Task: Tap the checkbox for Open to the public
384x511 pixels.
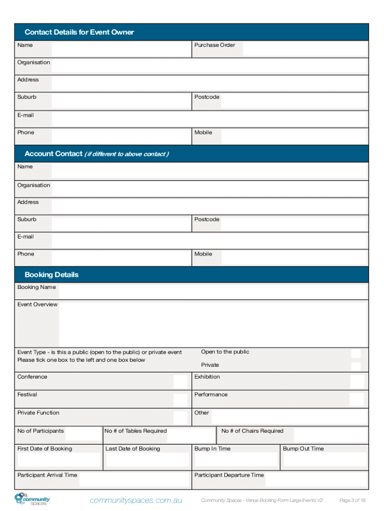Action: tap(356, 353)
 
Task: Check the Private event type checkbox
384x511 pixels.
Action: tap(356, 366)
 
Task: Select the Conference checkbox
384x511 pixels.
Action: tap(181, 382)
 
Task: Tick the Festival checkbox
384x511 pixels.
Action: tap(181, 400)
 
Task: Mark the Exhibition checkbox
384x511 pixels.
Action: tap(357, 382)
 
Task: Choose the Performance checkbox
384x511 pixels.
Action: tap(357, 399)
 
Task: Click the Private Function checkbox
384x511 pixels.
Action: tap(181, 418)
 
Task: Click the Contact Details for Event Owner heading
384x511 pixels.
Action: tap(79, 32)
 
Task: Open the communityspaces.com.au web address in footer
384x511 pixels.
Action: tap(136, 500)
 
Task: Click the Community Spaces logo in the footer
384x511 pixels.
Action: tap(32, 500)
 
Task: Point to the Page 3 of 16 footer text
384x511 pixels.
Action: tap(353, 501)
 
